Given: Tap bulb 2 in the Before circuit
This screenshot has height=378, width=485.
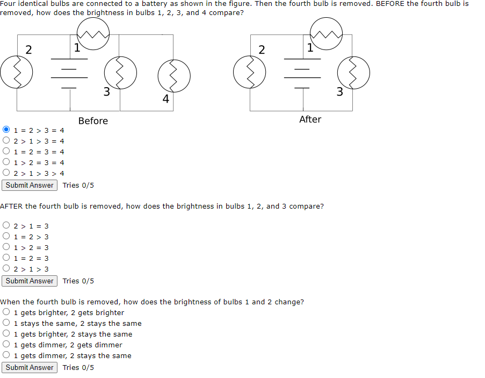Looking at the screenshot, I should [17, 73].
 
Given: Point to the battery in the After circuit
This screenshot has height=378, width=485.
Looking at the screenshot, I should [302, 72].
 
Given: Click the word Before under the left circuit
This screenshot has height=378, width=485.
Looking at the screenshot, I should [93, 121].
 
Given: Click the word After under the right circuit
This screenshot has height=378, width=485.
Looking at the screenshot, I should [310, 119].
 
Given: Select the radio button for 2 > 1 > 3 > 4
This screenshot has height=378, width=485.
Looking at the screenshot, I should [6, 173].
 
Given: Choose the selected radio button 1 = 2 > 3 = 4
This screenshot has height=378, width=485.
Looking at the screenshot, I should [6, 130].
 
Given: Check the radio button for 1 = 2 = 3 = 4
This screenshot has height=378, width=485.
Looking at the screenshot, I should [6, 152].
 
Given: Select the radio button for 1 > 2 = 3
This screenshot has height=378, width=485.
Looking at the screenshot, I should [6, 247].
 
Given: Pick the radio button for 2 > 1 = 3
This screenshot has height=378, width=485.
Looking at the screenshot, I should [6, 226].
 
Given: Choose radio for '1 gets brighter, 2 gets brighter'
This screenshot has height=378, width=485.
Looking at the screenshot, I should [6, 312].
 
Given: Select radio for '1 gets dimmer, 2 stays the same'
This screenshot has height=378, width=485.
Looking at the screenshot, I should [6, 355].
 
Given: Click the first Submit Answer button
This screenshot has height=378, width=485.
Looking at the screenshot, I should [30, 185].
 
